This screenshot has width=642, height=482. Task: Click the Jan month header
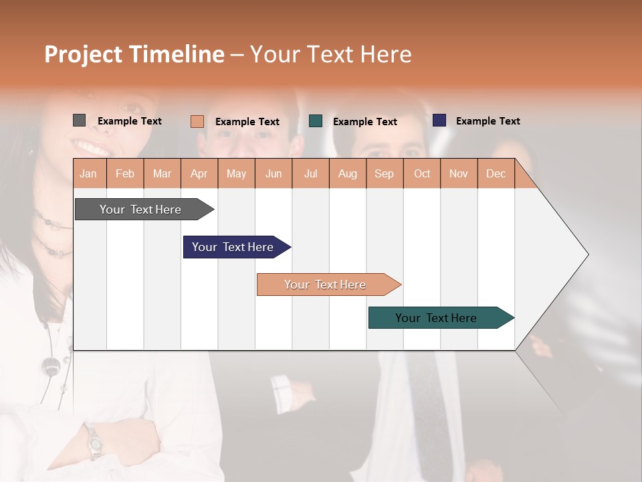pyautogui.click(x=88, y=173)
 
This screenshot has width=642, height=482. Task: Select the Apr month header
pyautogui.click(x=199, y=173)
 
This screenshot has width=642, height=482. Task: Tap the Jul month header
pyautogui.click(x=310, y=173)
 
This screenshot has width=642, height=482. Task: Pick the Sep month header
pyautogui.click(x=384, y=173)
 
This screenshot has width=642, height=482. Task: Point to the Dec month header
pyautogui.click(x=496, y=173)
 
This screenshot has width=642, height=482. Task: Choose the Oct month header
pyautogui.click(x=422, y=173)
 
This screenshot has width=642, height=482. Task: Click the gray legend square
pyautogui.click(x=79, y=120)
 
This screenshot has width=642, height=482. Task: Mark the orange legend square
pyautogui.click(x=197, y=121)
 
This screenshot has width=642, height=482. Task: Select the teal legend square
pyautogui.click(x=316, y=121)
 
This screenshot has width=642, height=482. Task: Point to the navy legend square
pyautogui.click(x=439, y=120)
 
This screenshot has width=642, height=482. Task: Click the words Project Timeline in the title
pyautogui.click(x=134, y=54)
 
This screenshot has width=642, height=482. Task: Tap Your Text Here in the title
pyautogui.click(x=330, y=54)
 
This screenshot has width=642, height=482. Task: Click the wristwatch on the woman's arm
pyautogui.click(x=94, y=442)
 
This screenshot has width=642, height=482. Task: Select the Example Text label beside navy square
pyautogui.click(x=488, y=121)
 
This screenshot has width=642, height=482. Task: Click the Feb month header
pyautogui.click(x=125, y=173)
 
